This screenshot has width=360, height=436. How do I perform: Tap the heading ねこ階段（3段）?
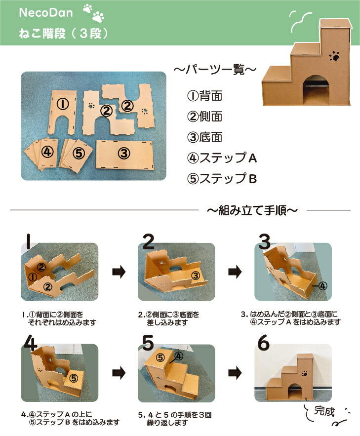coord(62,34)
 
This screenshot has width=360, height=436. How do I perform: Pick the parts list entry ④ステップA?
coord(222,158)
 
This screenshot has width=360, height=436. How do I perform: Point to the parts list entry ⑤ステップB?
coord(222,178)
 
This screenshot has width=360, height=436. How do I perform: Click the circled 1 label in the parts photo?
coord(62,104)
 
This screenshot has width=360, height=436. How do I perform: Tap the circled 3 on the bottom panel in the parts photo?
coord(124,153)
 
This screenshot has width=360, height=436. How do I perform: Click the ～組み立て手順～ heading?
coord(252,211)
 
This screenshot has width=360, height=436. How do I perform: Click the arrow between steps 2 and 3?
coord(236,271)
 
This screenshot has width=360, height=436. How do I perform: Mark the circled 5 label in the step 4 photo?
coord(74,378)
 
